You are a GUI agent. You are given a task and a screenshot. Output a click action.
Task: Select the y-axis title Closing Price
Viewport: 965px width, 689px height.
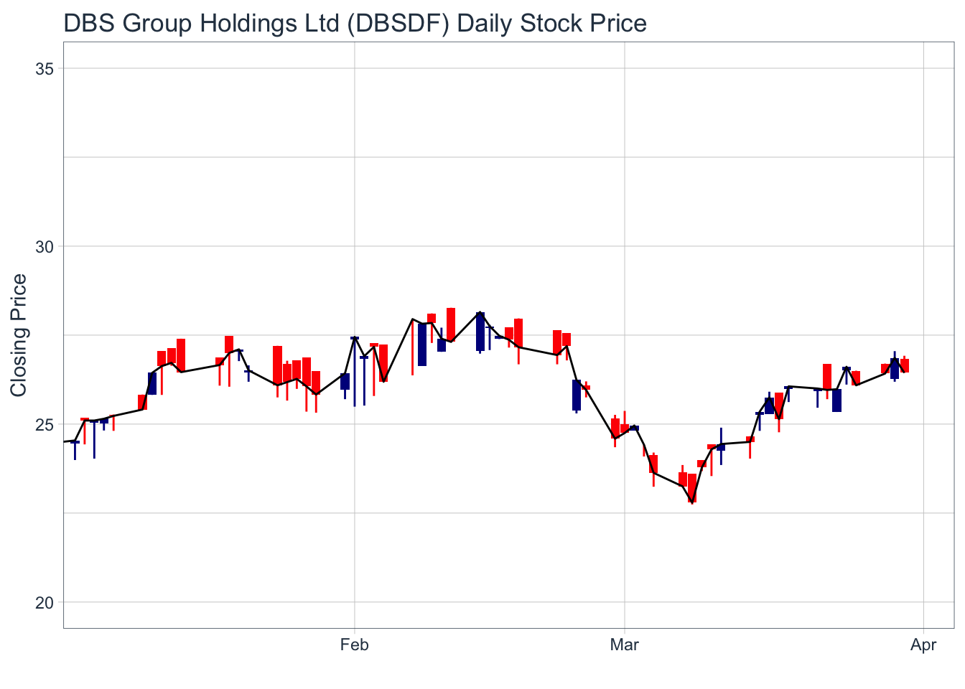coord(19,334)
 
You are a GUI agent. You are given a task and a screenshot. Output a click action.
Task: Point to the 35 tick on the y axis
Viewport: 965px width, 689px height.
coord(45,69)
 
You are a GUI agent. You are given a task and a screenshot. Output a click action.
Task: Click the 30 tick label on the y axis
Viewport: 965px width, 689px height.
coord(45,247)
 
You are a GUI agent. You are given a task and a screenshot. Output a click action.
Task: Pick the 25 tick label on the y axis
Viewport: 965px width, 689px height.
coord(45,424)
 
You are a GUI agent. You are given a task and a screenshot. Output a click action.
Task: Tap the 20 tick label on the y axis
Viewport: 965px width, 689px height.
coord(45,602)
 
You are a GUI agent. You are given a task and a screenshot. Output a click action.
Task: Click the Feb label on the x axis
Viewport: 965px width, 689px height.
coord(354,645)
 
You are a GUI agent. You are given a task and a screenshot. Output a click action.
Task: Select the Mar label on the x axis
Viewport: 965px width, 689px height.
coord(625,645)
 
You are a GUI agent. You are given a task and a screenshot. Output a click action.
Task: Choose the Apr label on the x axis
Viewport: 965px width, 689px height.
coord(923,645)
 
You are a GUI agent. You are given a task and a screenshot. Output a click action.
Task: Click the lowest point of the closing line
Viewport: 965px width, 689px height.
coord(692,502)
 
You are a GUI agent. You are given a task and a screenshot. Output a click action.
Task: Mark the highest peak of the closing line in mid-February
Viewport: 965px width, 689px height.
coord(480,313)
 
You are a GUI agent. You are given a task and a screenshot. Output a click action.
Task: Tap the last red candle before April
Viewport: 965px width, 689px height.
coord(905,365)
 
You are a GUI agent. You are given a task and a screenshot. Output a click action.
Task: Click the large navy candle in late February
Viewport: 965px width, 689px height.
coord(577,395)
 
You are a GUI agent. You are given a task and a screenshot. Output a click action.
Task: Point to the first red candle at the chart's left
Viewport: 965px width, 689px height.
coord(85,419)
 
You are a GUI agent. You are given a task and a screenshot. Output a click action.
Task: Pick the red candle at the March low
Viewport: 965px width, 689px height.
coord(692,487)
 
